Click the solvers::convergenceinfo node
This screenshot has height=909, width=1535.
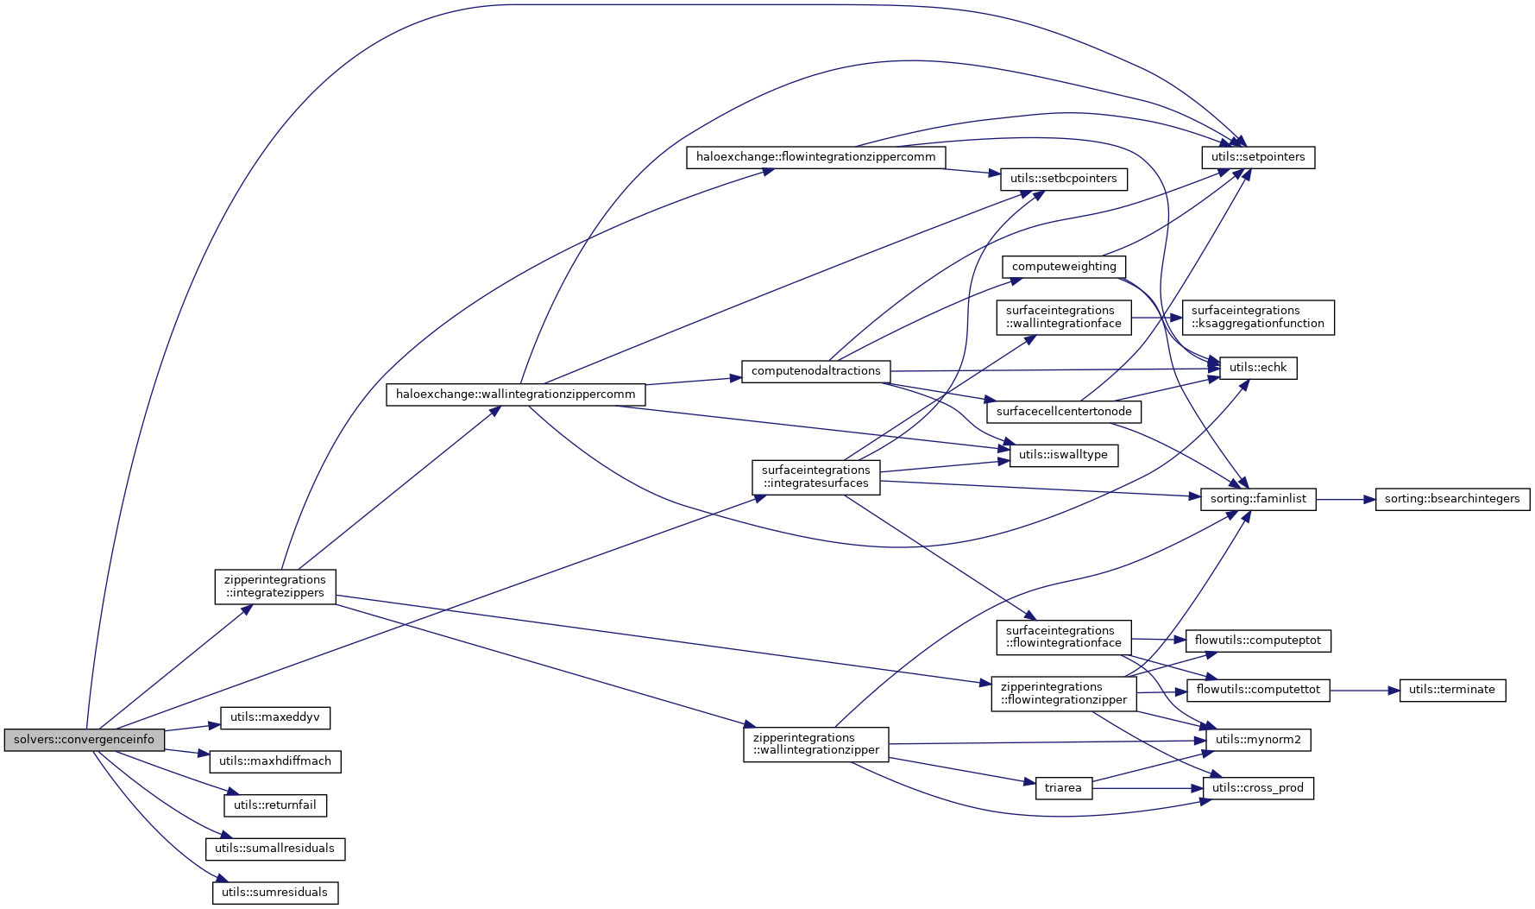[84, 740]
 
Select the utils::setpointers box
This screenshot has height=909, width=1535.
[1258, 157]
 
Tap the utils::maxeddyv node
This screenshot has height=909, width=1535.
[274, 717]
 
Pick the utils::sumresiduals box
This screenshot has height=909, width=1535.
[274, 893]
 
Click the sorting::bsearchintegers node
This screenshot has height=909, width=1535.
[1452, 499]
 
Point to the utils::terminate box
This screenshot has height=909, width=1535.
[1451, 690]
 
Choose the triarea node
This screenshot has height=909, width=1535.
[1063, 788]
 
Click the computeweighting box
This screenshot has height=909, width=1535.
[1064, 267]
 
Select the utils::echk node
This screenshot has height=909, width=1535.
[1258, 368]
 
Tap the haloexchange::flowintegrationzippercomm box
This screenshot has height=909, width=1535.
[815, 158]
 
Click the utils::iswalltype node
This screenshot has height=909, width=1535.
[1063, 455]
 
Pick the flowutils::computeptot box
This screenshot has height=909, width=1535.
[1258, 641]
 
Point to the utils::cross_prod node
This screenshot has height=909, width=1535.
[1257, 788]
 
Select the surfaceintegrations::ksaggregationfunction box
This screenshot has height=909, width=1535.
[1257, 317]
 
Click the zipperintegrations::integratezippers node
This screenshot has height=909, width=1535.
[274, 587]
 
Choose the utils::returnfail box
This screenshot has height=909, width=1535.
[274, 805]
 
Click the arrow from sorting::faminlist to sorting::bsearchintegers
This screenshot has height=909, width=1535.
[1345, 499]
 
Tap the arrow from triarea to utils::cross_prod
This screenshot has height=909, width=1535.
[1148, 788]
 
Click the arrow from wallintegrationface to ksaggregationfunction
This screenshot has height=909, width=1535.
[1156, 317]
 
